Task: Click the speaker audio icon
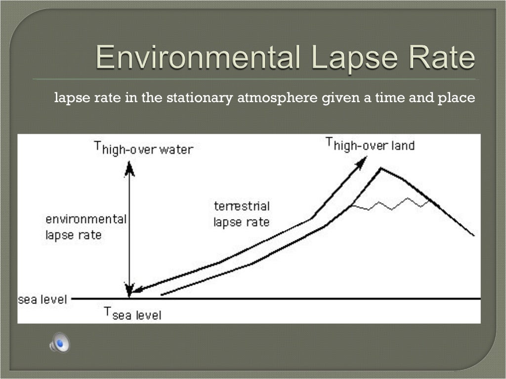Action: click(59, 342)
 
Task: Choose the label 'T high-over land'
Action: click(370, 145)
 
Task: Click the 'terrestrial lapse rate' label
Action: click(242, 214)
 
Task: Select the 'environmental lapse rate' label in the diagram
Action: click(86, 227)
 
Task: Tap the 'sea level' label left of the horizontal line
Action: click(42, 299)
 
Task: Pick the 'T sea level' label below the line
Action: click(132, 313)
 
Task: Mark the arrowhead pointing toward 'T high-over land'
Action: click(363, 160)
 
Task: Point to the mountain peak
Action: click(380, 169)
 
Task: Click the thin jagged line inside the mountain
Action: click(390, 204)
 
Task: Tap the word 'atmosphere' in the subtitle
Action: click(277, 98)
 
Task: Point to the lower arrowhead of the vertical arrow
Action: click(129, 290)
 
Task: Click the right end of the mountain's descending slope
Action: click(473, 235)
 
